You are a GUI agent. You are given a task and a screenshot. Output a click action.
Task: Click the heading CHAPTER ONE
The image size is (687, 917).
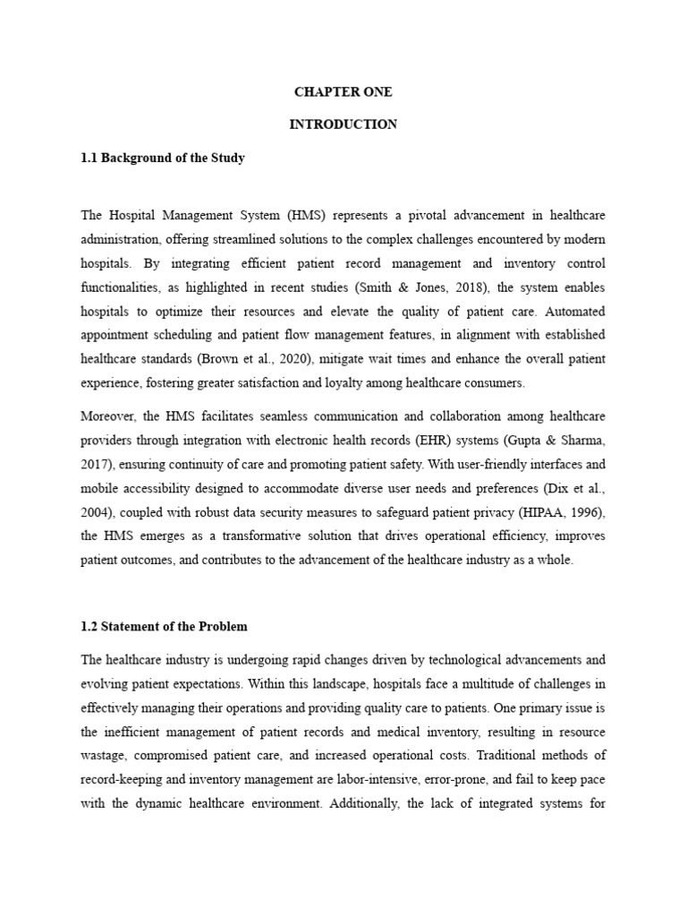(343, 92)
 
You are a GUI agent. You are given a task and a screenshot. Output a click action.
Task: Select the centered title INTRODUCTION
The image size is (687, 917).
(343, 124)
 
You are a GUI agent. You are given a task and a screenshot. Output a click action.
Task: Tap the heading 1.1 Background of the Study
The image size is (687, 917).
(163, 158)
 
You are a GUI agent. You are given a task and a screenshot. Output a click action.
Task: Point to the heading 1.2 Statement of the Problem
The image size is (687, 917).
(165, 625)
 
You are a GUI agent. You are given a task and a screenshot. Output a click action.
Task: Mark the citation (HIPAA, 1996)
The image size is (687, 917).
(567, 512)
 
